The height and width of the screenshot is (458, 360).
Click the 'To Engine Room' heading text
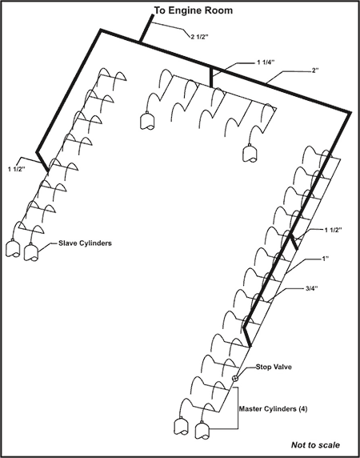[193, 10]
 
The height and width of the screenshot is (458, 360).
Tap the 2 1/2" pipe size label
[199, 37]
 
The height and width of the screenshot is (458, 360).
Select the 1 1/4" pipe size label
[266, 62]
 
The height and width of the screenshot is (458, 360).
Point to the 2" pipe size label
[315, 70]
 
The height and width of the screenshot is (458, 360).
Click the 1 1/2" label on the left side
[18, 169]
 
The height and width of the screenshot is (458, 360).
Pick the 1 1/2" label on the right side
[333, 230]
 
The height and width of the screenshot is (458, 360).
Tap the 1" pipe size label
[326, 259]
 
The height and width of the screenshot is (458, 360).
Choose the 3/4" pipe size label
[311, 288]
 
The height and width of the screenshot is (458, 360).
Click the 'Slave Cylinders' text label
[85, 243]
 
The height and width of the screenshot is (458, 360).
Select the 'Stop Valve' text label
[274, 367]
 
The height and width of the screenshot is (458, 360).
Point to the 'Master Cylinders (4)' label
[273, 409]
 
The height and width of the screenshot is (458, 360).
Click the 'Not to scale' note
[315, 445]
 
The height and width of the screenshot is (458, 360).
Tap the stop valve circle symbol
[235, 378]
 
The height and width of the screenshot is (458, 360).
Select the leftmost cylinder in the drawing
[13, 248]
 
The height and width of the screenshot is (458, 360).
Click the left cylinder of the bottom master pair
[181, 426]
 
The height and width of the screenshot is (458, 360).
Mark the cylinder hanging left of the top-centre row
[147, 121]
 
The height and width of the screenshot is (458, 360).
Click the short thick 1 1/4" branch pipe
[211, 78]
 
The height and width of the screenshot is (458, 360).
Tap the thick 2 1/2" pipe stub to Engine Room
[146, 28]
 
